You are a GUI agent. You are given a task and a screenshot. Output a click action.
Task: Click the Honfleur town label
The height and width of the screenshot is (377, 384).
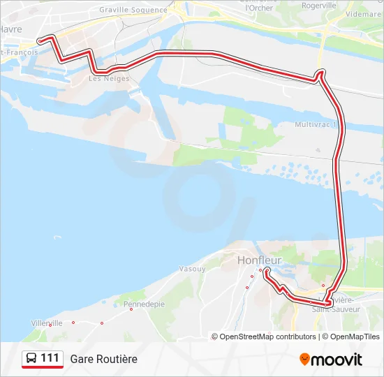click(x=259, y=260)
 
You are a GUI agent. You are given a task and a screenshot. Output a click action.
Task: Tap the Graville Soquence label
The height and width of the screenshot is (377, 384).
click(x=133, y=10)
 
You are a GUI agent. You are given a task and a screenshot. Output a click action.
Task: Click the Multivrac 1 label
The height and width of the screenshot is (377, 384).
click(x=316, y=124)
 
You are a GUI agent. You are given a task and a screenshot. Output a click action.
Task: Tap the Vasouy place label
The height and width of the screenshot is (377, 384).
click(x=191, y=268)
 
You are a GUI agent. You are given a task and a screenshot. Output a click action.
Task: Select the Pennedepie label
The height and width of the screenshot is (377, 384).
click(x=144, y=304)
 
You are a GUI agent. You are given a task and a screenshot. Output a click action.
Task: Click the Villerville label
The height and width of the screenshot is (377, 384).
click(x=47, y=323)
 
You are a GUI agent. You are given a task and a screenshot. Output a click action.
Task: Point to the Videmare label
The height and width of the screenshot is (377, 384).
click(x=363, y=14)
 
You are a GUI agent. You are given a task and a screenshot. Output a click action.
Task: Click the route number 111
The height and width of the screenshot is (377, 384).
click(x=50, y=358)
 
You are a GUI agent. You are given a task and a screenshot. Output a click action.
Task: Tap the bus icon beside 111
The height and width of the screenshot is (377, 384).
click(x=31, y=359)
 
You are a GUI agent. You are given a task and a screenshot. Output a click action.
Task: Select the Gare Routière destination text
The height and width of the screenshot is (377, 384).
click(x=103, y=359)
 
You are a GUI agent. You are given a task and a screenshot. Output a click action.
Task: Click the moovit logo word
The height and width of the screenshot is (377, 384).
click(x=337, y=360)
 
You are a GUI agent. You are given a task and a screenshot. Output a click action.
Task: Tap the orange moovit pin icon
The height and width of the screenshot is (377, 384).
click(x=304, y=360)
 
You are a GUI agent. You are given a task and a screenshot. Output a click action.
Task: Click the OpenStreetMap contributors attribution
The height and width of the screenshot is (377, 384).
click(x=264, y=337)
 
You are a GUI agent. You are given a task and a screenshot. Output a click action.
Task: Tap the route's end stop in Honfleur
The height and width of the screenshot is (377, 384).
click(x=267, y=271)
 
